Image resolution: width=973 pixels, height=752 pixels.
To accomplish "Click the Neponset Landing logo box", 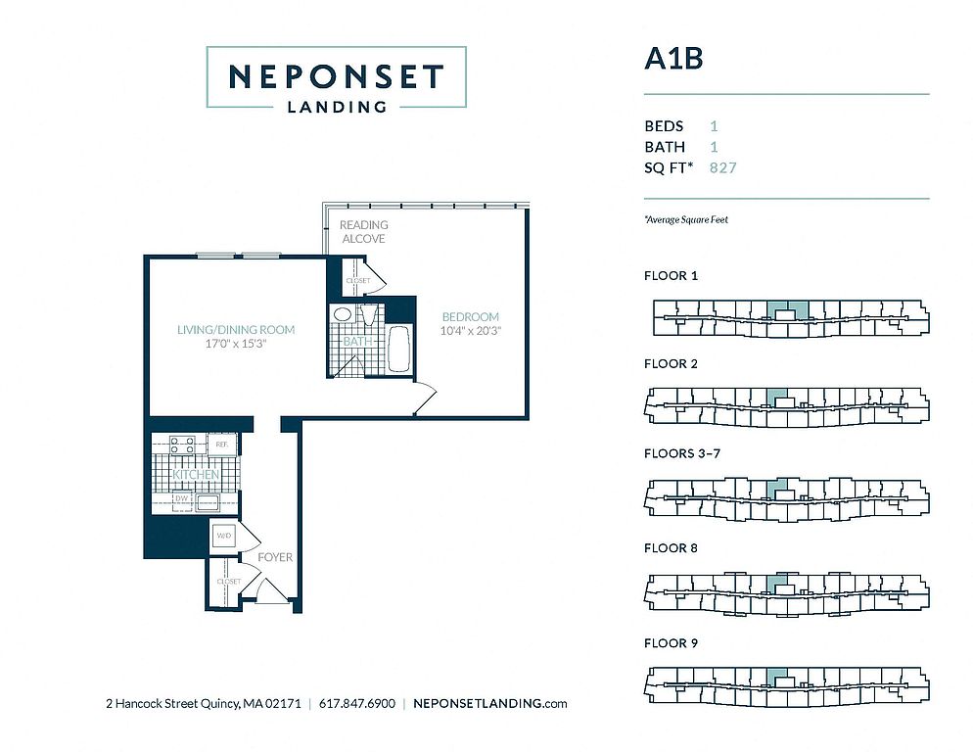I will [336, 77].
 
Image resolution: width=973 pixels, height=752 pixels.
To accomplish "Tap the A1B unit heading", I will [673, 59].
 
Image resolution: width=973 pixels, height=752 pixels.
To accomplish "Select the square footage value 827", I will [722, 168].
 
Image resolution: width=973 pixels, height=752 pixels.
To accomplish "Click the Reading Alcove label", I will [363, 232].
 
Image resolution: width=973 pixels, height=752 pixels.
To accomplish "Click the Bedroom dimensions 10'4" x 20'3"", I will [470, 331].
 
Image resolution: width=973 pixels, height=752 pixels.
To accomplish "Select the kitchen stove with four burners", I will [182, 446].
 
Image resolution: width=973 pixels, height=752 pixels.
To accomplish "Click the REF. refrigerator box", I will [221, 444].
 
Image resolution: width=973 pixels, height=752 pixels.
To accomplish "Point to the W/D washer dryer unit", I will [223, 536].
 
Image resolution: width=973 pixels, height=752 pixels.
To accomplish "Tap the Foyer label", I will [275, 557].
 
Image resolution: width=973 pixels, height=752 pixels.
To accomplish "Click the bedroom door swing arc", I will [425, 398].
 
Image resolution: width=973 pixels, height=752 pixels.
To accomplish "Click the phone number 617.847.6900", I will [357, 704].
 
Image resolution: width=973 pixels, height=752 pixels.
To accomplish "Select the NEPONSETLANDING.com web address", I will [490, 704].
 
